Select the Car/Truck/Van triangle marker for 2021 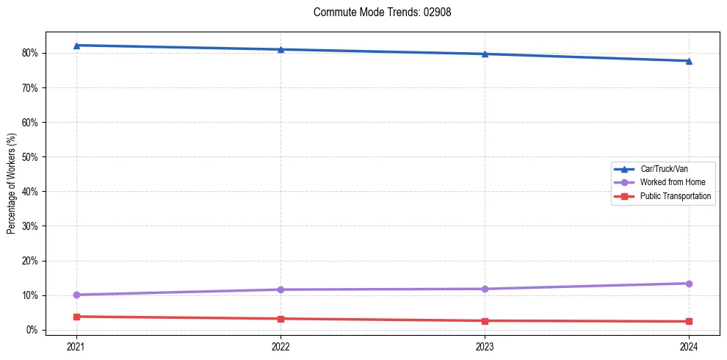click(76, 46)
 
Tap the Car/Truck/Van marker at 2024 click(689, 61)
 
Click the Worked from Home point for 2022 click(281, 289)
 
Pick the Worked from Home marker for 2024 click(689, 284)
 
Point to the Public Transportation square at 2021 click(76, 317)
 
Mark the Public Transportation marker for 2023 click(485, 321)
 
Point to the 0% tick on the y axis click(32, 330)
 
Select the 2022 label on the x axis click(281, 345)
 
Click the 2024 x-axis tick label click(689, 345)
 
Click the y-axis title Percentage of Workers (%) click(12, 184)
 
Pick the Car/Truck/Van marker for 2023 click(485, 54)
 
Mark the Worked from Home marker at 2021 click(76, 295)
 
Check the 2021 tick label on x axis click(76, 345)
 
